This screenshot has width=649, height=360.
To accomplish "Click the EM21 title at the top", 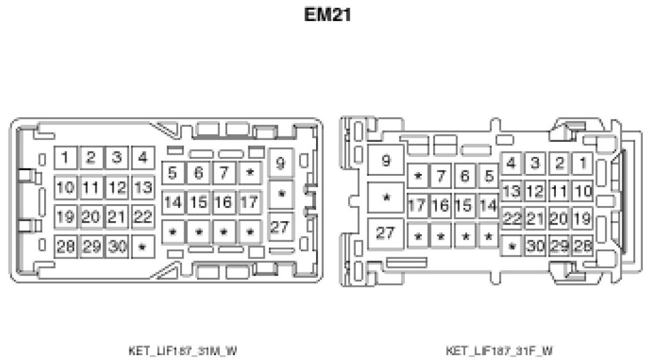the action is point(328,15).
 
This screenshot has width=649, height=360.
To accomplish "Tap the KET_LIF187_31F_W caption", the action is point(499,350).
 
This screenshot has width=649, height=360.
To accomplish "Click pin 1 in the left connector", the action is point(65,158).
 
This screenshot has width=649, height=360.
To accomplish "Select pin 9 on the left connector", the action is point(280,162).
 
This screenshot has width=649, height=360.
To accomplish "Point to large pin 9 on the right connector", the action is point(386,161).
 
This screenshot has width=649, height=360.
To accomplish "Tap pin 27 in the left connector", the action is point(280,228).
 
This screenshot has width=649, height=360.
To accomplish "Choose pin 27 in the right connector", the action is point(386,233).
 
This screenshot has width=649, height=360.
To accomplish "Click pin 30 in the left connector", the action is point(117,246).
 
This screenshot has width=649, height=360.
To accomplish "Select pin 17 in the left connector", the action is point(249,202).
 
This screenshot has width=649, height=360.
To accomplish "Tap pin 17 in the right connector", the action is point(417,205).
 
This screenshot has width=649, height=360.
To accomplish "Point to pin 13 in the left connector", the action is point(143,187).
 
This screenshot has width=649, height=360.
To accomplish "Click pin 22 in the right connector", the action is point(512,219).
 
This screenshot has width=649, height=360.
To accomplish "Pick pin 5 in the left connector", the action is point(173,173).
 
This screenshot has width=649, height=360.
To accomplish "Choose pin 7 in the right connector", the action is point(441,176).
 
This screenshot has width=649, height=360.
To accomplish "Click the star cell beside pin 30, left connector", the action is point(143,246).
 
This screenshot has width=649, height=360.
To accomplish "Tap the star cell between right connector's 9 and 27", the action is point(386,198).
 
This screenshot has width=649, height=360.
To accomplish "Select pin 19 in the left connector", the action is point(65,216).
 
